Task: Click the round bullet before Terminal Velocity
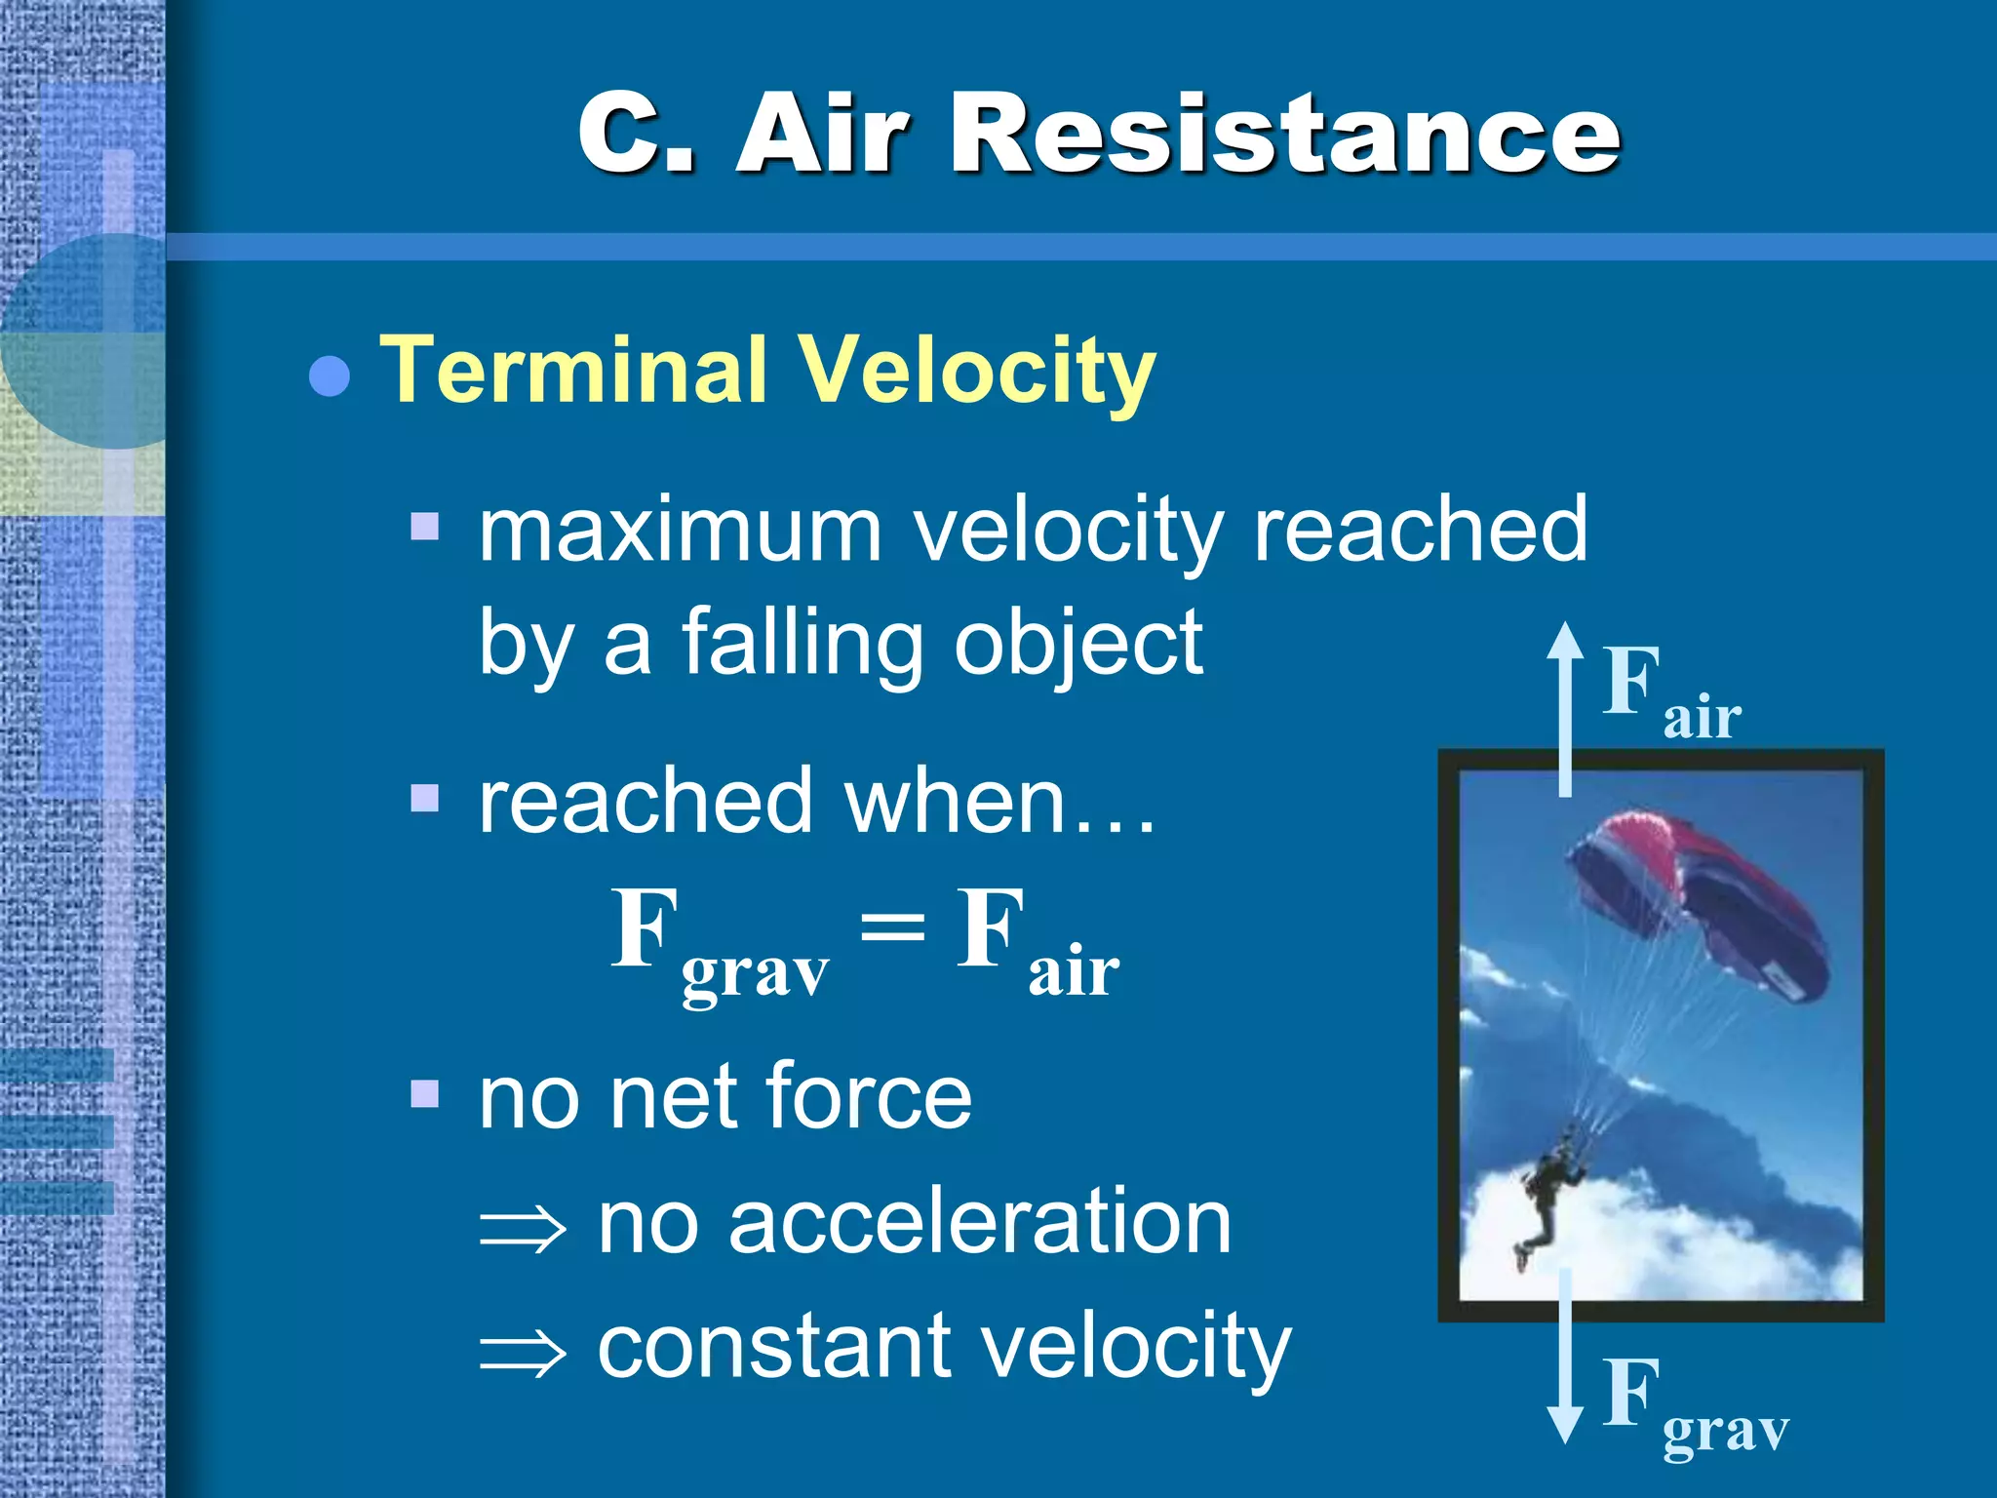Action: pos(330,376)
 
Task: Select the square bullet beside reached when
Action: pos(425,799)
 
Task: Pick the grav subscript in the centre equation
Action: pos(755,974)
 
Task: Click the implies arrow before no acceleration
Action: pos(523,1229)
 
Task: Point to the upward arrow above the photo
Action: pos(1565,707)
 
